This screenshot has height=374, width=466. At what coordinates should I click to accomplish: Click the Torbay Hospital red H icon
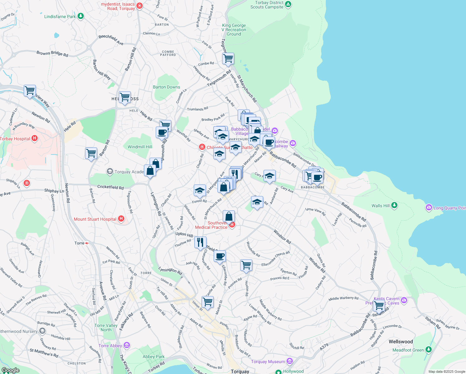[x=35, y=138]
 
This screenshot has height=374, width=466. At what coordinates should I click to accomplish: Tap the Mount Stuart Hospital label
[x=95, y=219]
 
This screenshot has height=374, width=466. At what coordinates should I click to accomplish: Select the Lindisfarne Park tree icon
[x=81, y=16]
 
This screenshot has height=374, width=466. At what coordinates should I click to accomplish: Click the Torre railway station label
[x=79, y=243]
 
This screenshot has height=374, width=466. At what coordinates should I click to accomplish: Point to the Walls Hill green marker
[x=394, y=205]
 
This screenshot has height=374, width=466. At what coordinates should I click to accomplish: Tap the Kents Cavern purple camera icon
[x=404, y=300]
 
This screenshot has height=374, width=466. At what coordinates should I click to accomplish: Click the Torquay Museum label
[x=268, y=362]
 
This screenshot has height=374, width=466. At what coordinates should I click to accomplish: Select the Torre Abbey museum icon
[x=126, y=345]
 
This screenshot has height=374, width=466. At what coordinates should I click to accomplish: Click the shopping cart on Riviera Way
[x=30, y=91]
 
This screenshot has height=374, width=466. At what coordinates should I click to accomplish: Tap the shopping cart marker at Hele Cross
[x=125, y=97]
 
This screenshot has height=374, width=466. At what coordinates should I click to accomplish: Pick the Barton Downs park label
[x=166, y=87]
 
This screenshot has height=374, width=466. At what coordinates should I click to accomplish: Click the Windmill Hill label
[x=140, y=147]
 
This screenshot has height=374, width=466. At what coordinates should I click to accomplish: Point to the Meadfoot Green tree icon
[x=429, y=350]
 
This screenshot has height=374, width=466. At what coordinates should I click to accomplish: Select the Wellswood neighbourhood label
[x=401, y=342]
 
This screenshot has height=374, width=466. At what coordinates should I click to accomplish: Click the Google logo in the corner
[x=11, y=370]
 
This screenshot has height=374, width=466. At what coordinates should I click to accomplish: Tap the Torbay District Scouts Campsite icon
[x=288, y=4]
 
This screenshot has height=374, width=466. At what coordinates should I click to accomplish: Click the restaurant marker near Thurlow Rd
[x=200, y=242]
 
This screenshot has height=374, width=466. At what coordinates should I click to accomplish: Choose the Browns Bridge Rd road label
[x=52, y=53]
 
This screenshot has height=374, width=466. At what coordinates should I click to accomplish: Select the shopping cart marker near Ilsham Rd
[x=379, y=305]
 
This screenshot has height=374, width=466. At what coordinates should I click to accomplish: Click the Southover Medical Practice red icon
[x=232, y=225]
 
